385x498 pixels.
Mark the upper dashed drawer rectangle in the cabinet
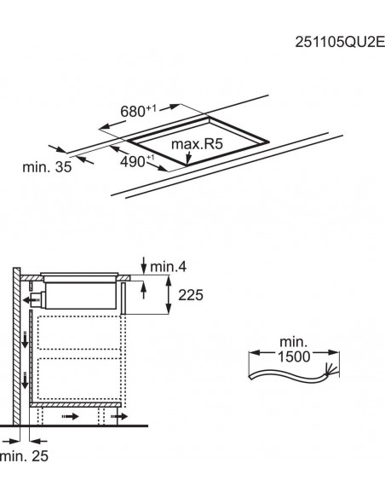click(x=77, y=333)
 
